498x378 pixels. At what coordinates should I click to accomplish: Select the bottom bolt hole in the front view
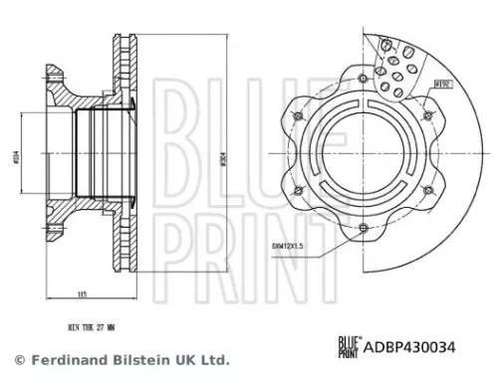click(362, 230)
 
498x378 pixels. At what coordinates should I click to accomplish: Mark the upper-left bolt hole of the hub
click(296, 115)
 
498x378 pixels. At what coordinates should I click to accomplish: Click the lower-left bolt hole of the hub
click(296, 191)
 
